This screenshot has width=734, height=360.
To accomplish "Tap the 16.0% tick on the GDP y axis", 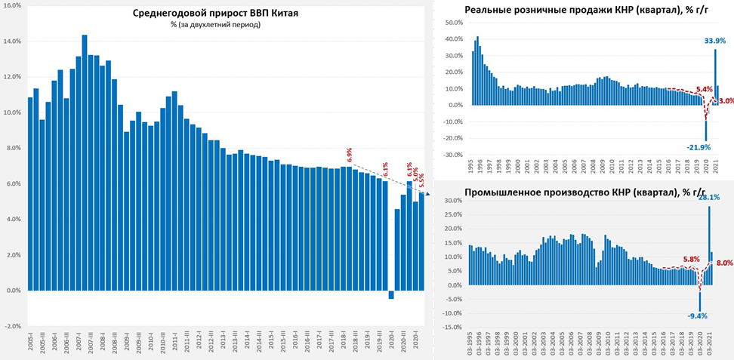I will click(12, 5).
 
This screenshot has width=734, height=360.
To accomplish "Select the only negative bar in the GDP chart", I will click(391, 294).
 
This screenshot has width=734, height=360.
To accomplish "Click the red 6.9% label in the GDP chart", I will click(349, 155).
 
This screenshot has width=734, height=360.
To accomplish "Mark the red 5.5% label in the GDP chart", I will click(421, 180).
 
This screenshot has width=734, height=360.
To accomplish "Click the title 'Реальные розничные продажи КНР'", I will click(586, 10).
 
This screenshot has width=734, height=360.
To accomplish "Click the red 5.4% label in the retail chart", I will click(704, 89).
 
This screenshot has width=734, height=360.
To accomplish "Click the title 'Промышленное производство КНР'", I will click(585, 190).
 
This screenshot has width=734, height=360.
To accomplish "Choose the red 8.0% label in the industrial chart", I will click(723, 263).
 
